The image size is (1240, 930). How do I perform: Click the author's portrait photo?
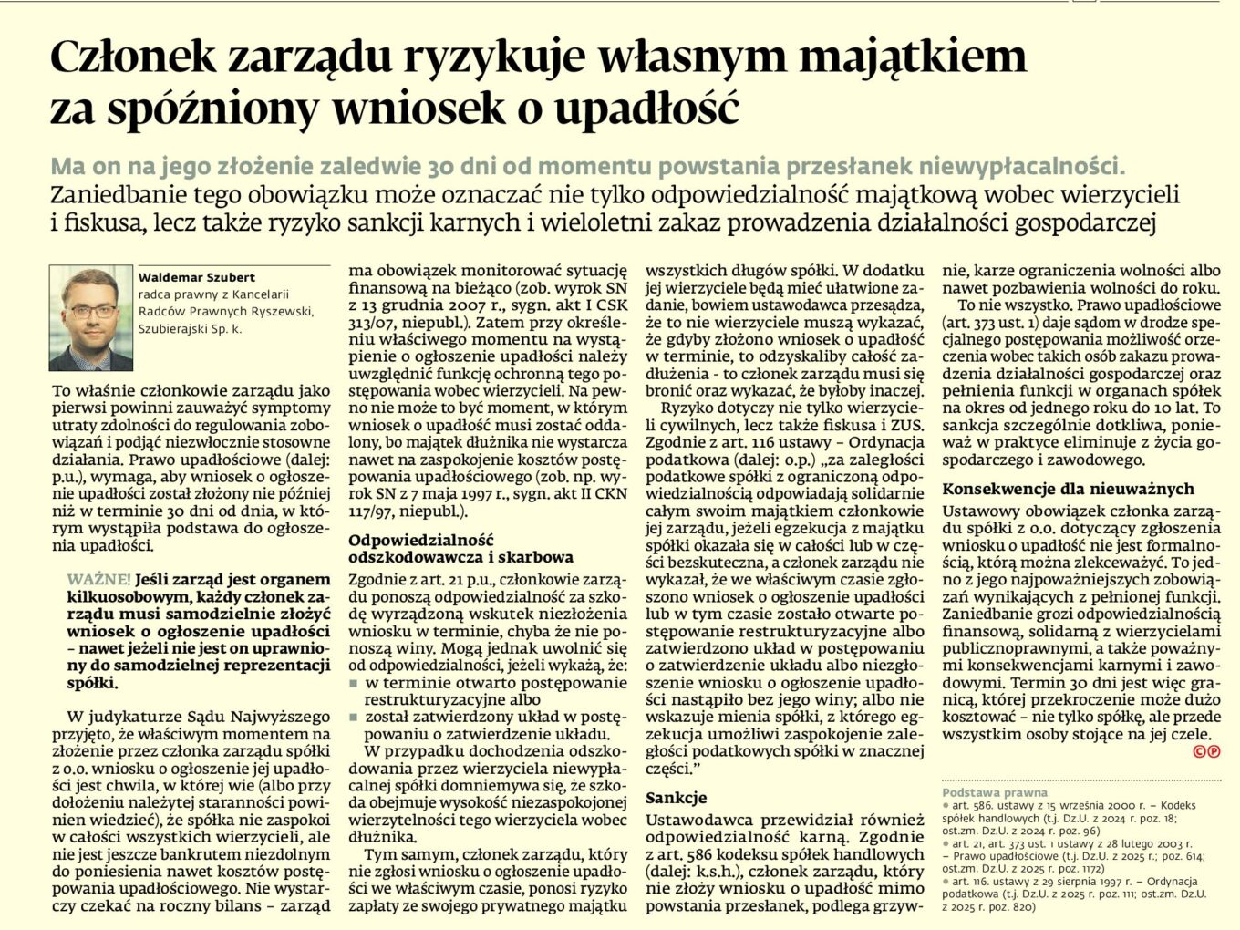point(90,318)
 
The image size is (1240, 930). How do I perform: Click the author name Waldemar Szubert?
point(196,277)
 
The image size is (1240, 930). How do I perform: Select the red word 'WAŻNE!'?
point(98,580)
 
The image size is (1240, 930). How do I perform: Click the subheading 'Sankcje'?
point(676,797)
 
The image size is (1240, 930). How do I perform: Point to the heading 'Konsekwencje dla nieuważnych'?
point(1068,489)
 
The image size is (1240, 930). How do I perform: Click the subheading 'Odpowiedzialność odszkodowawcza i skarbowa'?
point(460,549)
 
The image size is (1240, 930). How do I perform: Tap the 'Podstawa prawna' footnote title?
point(981,793)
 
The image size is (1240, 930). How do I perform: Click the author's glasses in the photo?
point(92,311)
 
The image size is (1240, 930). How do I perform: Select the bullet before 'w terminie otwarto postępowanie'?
point(354,682)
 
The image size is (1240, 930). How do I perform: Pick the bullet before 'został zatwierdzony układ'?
point(354,717)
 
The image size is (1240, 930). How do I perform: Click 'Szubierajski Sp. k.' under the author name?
point(190,329)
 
